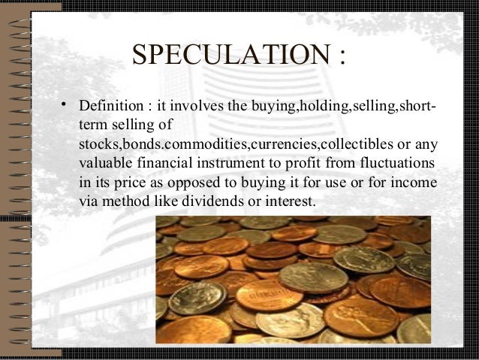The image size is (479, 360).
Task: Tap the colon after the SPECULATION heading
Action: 342,56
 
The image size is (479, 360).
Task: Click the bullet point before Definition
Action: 66,101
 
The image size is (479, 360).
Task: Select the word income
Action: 415,183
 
